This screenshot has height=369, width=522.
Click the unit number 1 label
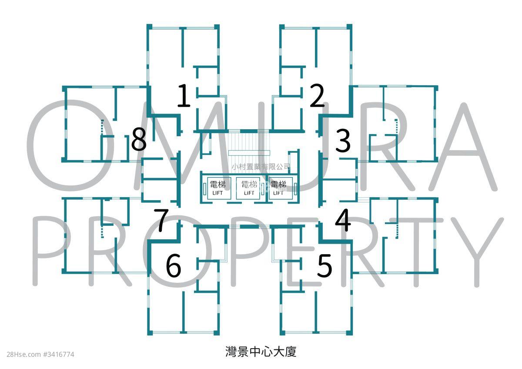pos(184,95)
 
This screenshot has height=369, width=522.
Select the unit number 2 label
pos(317,95)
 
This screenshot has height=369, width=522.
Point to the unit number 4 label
pos(343,220)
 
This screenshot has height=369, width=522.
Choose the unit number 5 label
pos(325,265)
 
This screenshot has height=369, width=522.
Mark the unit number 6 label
pos(174,265)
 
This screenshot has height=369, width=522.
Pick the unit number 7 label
pos(161,220)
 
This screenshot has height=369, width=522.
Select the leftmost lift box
pos(219,188)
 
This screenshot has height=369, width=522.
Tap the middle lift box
pos(248,188)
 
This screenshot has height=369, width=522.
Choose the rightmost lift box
pos(281,188)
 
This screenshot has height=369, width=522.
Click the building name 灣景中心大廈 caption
pos(261,352)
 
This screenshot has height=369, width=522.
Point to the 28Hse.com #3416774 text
pos(40,355)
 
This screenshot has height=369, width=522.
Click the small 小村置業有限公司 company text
pos(261,167)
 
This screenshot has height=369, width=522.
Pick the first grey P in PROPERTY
pos(35,251)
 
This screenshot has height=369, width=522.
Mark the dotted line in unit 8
pos(102,127)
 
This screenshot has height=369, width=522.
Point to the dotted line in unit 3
pos(396,127)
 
